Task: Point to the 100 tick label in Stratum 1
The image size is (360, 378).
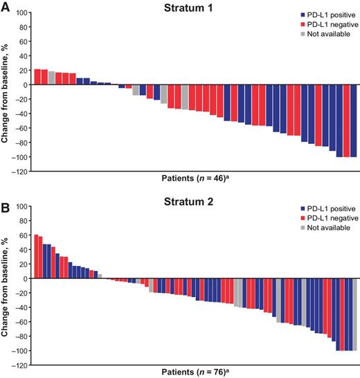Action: pos(22,13)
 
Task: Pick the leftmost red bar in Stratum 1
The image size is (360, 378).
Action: pos(37,78)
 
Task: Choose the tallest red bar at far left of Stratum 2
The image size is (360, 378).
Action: pos(36,257)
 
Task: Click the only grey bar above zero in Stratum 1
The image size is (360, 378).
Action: pos(51,78)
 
